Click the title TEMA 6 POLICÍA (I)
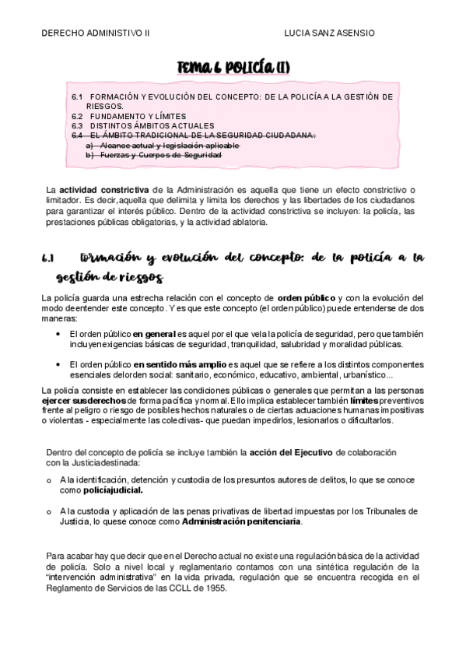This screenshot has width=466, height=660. [x=233, y=68]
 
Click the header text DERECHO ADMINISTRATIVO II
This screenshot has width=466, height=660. [x=96, y=33]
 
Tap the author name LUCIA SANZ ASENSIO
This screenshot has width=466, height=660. [x=330, y=33]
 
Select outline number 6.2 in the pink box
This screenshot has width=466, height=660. [x=77, y=116]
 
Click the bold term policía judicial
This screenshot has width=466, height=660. [x=114, y=491]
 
